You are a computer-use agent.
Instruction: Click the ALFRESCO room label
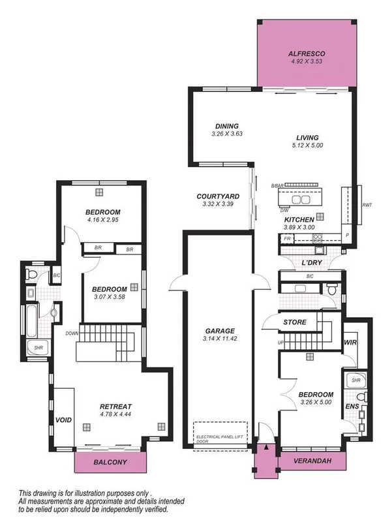[307, 54]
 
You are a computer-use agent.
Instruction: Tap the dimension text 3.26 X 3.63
[226, 134]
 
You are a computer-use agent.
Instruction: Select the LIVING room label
[307, 138]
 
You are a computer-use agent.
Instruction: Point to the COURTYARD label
[218, 196]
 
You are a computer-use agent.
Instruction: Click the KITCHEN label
[299, 220]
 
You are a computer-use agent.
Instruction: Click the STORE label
[295, 322]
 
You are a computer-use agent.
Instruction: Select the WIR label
[349, 342]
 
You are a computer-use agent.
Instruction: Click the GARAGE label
[218, 331]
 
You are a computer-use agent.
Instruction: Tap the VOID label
[63, 420]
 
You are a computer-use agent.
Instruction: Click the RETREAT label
[109, 405]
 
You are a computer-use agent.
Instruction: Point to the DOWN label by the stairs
[72, 333]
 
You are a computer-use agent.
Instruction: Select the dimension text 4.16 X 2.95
[103, 220]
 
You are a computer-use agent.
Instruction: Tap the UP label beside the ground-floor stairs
[281, 342]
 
